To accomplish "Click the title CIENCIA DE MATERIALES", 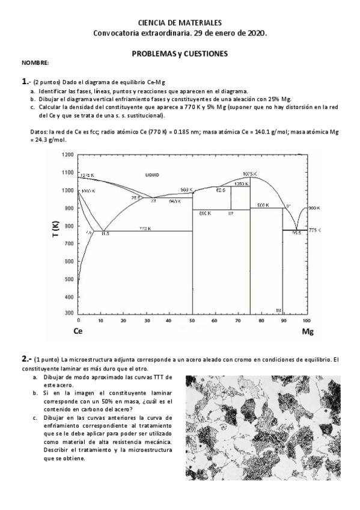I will [x=180, y=22].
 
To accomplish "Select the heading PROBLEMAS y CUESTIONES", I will [x=180, y=54].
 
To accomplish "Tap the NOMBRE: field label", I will [x=35, y=63].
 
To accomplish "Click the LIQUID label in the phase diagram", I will [x=152, y=174].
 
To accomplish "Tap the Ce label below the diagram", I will [x=78, y=331].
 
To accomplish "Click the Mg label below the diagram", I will [x=308, y=331].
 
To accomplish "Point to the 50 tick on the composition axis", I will [x=192, y=321].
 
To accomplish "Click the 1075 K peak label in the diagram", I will [x=250, y=174].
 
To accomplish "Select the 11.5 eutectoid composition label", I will [x=105, y=233].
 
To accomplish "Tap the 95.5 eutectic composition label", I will [x=296, y=233].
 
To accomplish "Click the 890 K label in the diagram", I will [x=204, y=213].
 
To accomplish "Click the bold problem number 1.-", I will [x=26, y=81].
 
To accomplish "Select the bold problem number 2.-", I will [x=26, y=359].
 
